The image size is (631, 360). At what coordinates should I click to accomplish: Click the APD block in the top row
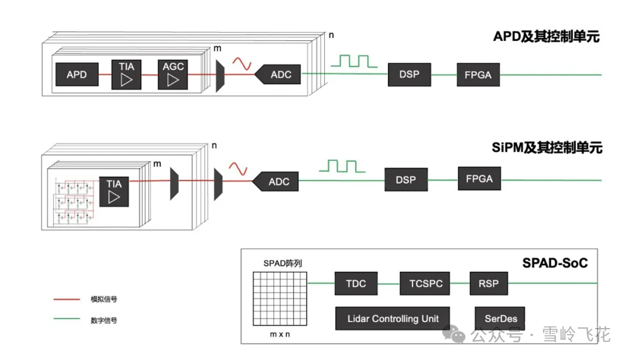77,75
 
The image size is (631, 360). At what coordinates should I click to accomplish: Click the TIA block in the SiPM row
114,190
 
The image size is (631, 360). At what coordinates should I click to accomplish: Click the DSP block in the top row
409,74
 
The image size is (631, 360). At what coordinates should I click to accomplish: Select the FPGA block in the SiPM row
479,178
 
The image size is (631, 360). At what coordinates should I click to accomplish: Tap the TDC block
356,283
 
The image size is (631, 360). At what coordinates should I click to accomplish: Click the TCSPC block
425,283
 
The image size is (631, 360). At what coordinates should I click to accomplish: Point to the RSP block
488,283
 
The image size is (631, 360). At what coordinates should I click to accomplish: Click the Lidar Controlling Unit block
393,318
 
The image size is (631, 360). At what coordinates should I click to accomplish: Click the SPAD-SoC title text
555,263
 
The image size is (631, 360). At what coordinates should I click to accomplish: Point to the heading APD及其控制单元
546,37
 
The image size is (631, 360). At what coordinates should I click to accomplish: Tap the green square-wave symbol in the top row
357,60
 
